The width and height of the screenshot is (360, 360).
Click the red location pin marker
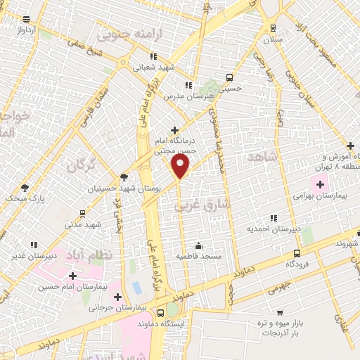[x=181, y=166]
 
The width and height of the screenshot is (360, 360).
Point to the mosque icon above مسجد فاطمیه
[x=198, y=245]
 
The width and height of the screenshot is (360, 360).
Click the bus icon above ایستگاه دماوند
[x=162, y=313]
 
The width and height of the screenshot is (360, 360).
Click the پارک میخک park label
[x=24, y=199]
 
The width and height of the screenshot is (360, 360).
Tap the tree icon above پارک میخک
[x=25, y=187]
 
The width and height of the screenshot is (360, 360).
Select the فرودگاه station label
[x=299, y=264]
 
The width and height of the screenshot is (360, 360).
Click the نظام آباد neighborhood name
[x=89, y=253]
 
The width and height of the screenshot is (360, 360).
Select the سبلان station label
[x=273, y=40]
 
